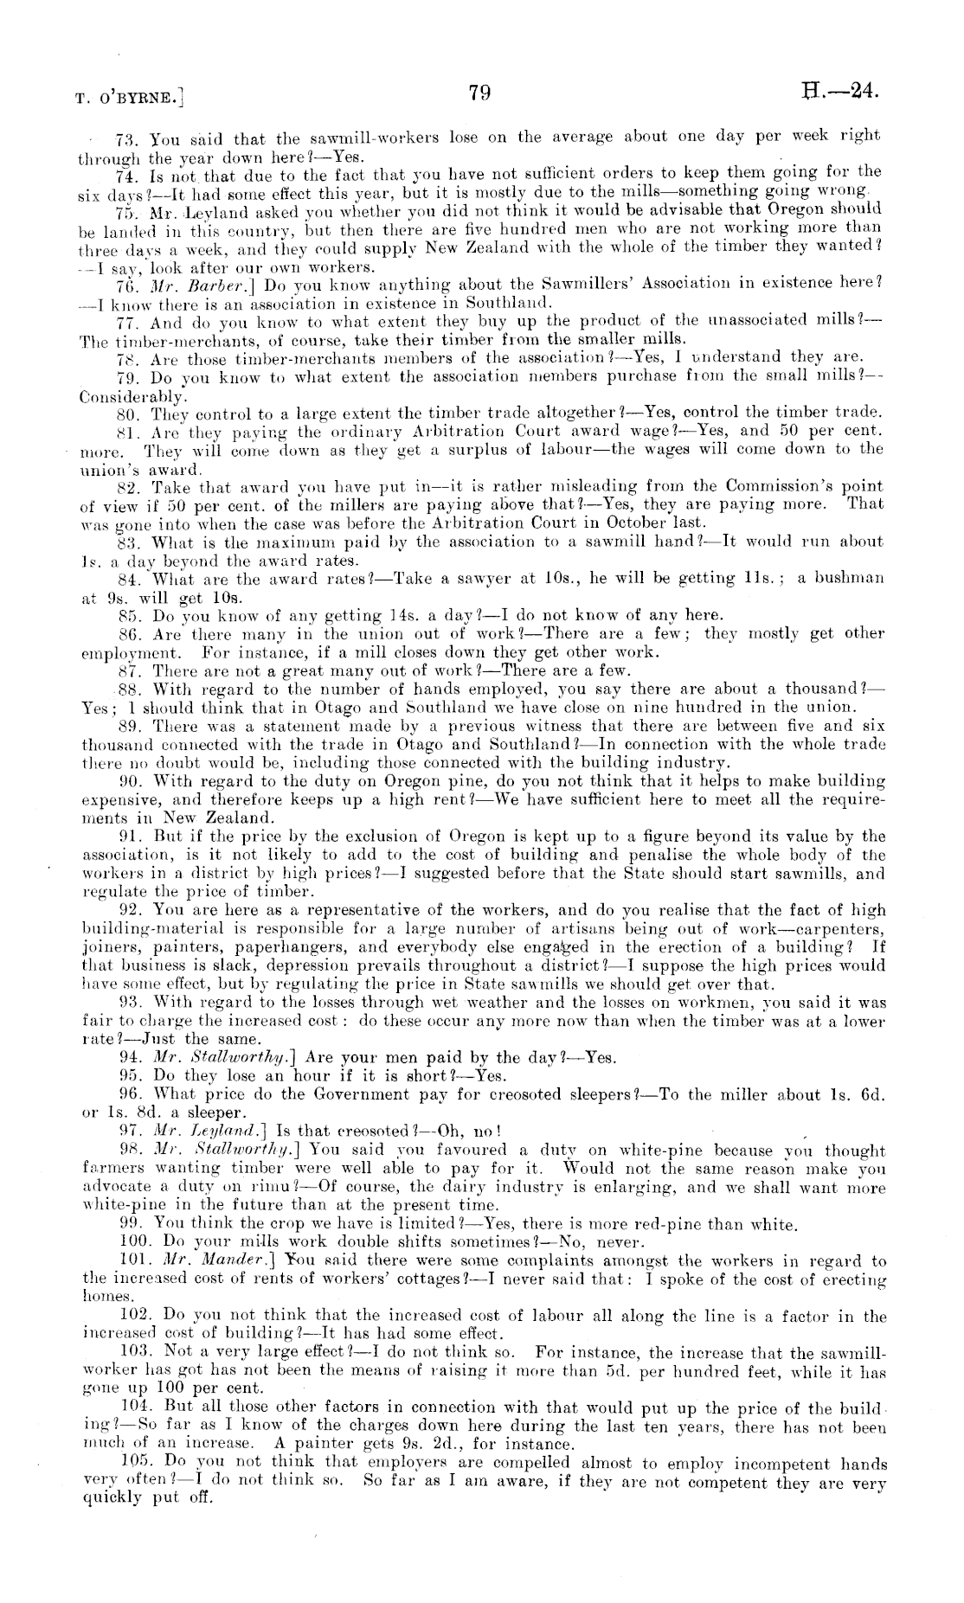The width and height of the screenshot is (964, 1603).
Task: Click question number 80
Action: (x=127, y=412)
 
